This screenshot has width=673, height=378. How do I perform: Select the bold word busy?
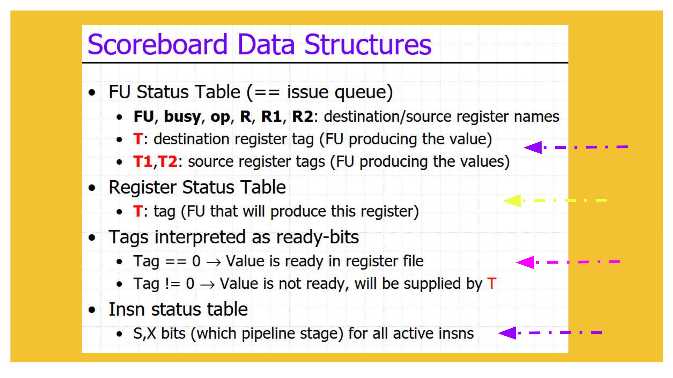pos(182,117)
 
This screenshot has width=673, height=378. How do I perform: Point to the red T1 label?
pos(143,161)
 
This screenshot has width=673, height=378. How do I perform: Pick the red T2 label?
pos(168,161)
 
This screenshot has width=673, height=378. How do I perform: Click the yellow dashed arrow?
pos(555,200)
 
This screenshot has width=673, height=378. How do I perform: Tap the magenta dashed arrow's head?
pos(525,262)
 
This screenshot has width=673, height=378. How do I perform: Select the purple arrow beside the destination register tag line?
pos(576,147)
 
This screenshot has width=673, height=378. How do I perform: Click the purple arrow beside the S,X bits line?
pos(550,333)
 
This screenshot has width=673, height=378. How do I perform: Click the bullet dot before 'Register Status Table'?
pos(92,188)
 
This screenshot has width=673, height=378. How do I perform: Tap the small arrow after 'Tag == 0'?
pos(213,262)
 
